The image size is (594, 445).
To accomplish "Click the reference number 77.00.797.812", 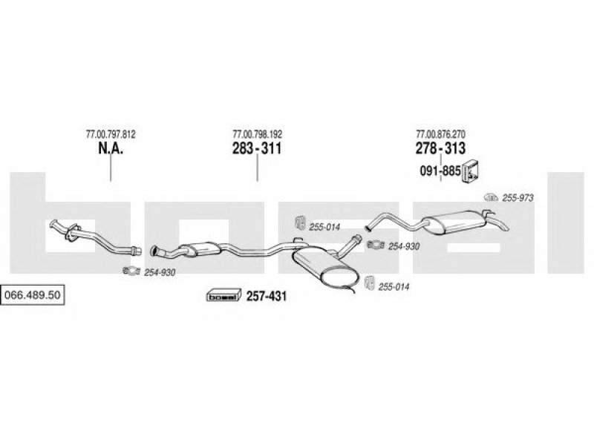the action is point(111,134).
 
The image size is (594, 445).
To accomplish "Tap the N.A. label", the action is point(111,148).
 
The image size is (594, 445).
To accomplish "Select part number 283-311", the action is point(257,148).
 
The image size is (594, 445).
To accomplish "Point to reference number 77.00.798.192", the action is point(257,134).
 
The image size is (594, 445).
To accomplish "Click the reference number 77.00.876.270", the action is point(440,134).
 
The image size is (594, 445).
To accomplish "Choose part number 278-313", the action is point(440,148).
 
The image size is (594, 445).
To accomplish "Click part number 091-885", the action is point(440,171).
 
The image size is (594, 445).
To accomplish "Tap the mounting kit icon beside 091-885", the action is point(470,171).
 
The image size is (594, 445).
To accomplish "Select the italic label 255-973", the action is point(518,198).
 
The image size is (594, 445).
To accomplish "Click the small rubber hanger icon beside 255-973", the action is point(491,197).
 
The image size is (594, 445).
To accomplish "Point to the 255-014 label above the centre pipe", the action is point(324,227).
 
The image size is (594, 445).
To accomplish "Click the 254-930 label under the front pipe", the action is point(160,272).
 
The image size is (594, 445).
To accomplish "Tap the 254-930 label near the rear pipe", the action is point(403,246).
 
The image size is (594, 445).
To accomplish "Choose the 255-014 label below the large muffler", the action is point(394,287).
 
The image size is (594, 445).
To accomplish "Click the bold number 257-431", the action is point(267,296).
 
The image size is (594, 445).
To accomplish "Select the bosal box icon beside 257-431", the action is point(224,295).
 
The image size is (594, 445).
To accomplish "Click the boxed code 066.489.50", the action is point(32,294).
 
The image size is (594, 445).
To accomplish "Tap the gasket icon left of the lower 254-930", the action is point(131,271).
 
